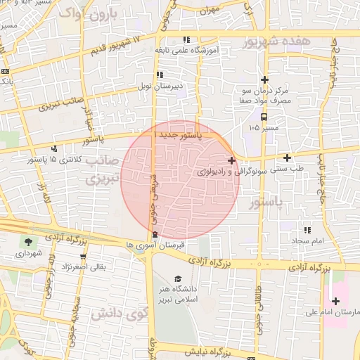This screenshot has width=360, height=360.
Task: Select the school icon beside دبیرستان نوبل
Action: pos(160,75)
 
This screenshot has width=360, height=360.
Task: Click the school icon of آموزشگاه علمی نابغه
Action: pos(186,39)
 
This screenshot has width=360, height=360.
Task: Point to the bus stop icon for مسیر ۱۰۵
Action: pos(264,117)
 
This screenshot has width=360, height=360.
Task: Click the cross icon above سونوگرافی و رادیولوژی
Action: pos(231,160)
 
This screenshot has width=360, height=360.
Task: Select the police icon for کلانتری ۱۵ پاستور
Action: pos(55,148)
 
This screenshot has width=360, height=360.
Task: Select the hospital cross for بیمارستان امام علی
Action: pos(336,301)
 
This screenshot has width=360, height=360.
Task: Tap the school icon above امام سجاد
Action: pos(307,230)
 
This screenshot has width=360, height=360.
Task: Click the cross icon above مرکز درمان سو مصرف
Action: pos(264,80)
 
